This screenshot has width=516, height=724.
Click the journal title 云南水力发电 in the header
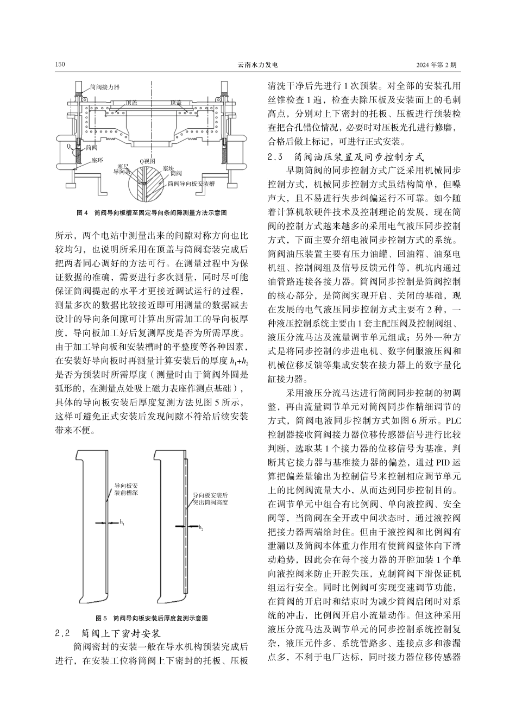tap(258, 65)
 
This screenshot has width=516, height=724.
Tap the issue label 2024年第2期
tap(436, 65)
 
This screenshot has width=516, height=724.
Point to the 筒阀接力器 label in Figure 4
tap(104, 87)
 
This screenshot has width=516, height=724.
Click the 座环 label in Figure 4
tap(97, 161)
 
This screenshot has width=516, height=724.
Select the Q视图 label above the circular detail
tap(147, 161)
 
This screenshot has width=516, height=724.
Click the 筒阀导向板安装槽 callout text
tap(191, 184)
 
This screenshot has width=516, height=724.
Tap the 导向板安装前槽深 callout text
tap(125, 488)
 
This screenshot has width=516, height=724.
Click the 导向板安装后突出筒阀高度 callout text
tap(211, 499)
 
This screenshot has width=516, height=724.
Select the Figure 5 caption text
tap(152, 619)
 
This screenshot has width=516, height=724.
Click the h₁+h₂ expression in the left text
tap(239, 361)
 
